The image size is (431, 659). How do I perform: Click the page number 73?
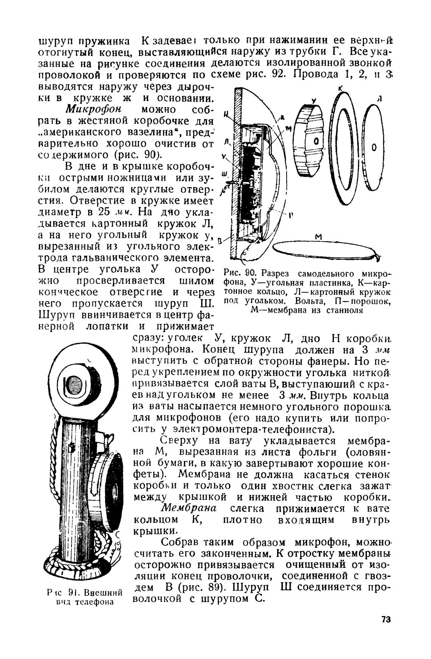click(x=386, y=619)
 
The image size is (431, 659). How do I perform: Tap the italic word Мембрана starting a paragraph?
click(x=188, y=508)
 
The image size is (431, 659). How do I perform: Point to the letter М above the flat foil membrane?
click(x=318, y=237)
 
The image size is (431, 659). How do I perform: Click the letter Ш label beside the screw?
click(x=224, y=174)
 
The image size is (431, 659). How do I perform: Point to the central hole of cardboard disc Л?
click(x=374, y=148)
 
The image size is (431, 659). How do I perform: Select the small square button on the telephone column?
click(x=71, y=448)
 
